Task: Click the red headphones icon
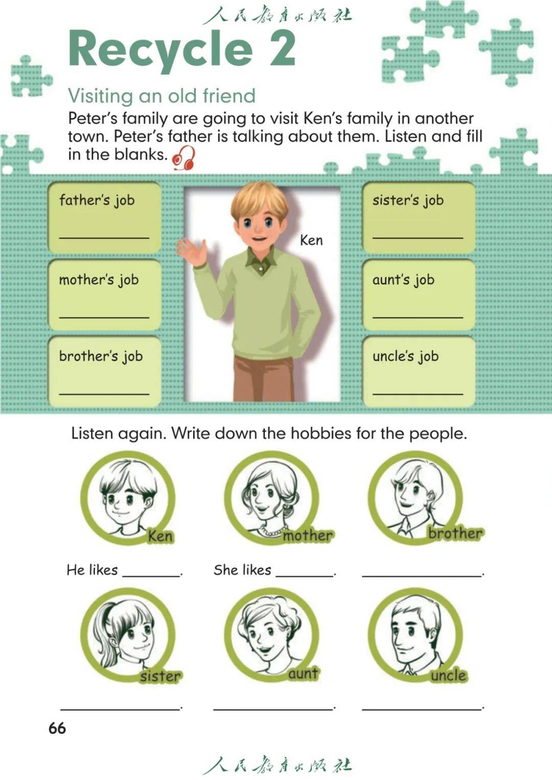tap(183, 158)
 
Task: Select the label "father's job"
tap(97, 200)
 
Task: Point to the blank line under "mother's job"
tap(104, 317)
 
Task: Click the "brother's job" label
tap(101, 357)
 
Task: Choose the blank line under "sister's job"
tap(418, 238)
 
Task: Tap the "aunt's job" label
tap(403, 280)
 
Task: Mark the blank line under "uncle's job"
tap(418, 394)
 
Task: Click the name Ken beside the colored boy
tap(311, 240)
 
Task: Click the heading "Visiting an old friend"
tap(162, 96)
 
